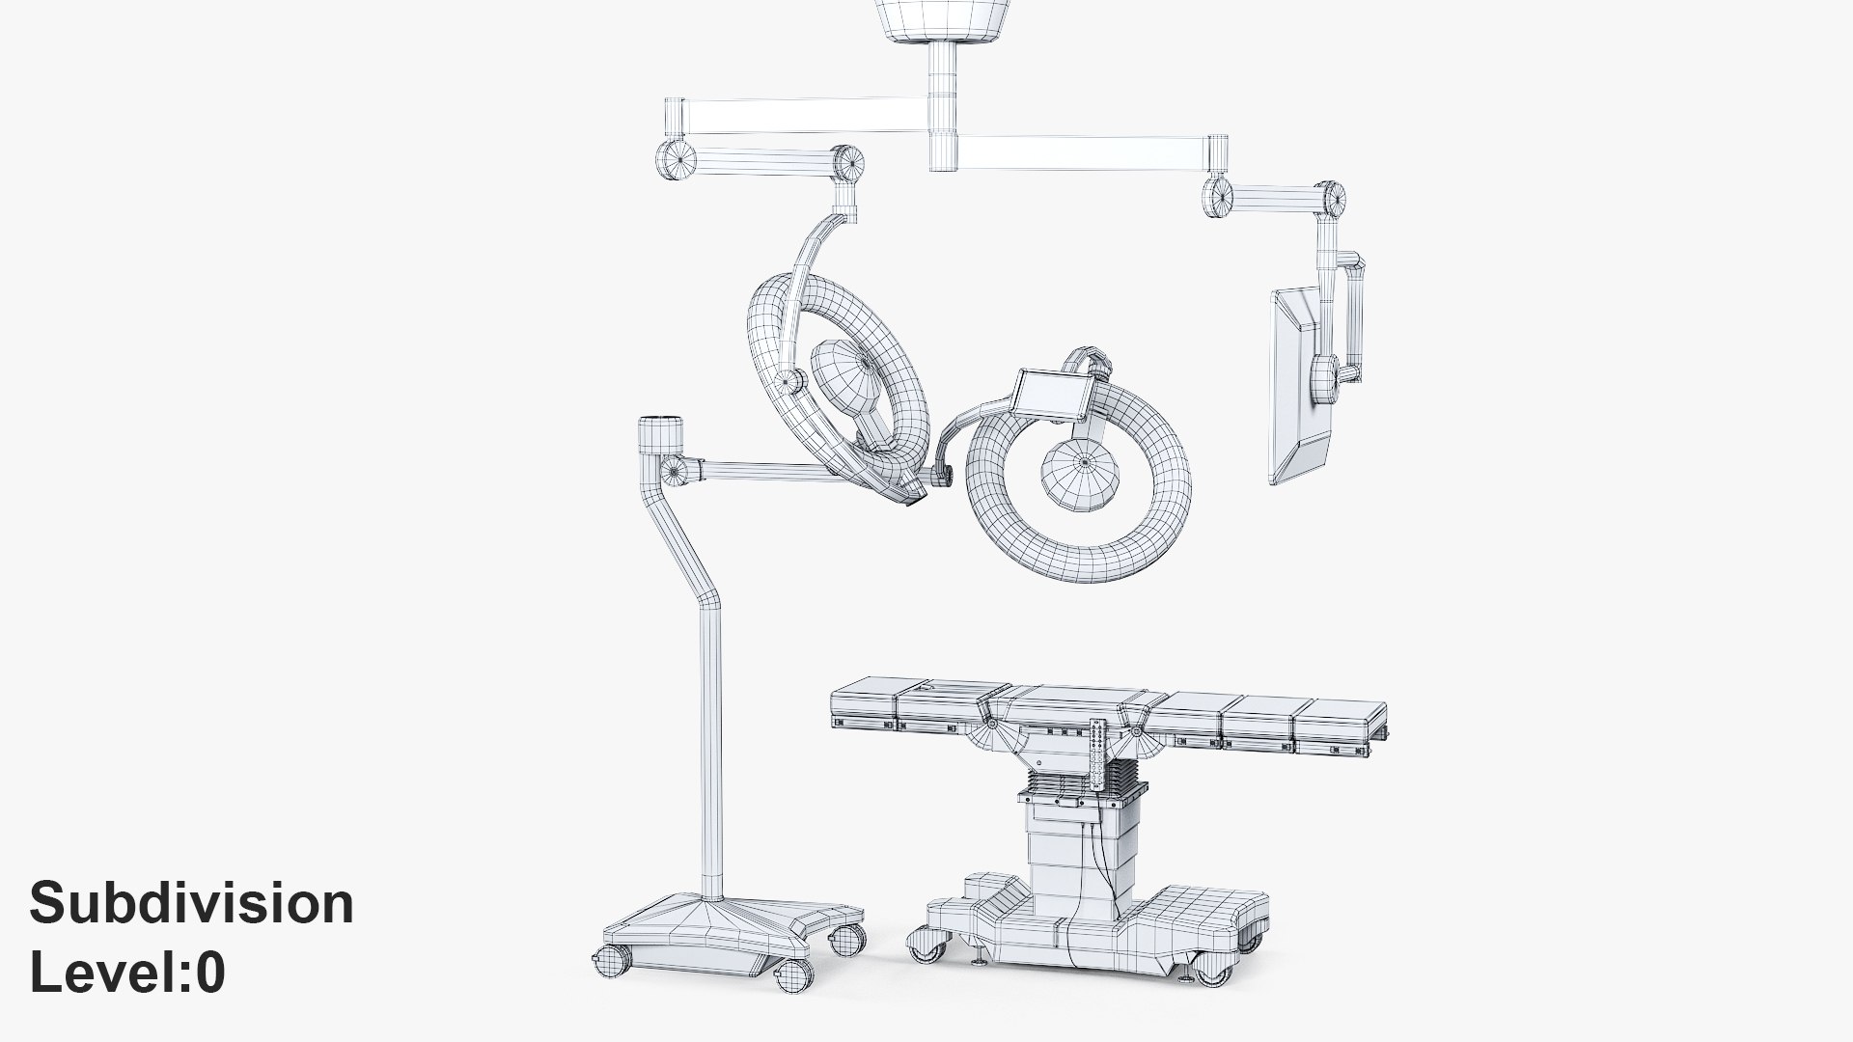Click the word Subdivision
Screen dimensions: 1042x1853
pyautogui.click(x=192, y=904)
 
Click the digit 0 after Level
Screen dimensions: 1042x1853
pyautogui.click(x=210, y=973)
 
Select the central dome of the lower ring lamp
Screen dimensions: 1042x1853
pyautogui.click(x=1081, y=470)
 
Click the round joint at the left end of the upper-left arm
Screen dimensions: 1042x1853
pyautogui.click(x=671, y=157)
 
